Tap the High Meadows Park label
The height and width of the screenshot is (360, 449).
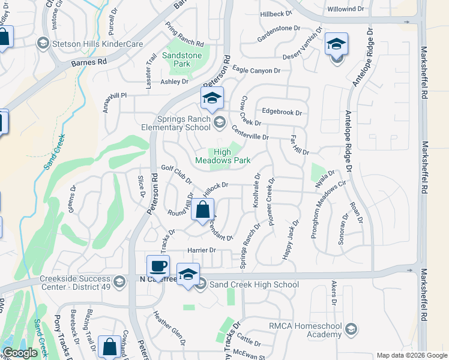tap(223, 156)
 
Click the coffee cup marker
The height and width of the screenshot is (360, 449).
tap(158, 266)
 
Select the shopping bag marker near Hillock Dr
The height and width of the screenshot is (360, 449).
tap(203, 210)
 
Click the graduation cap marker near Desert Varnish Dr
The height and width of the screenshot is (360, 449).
tap(336, 44)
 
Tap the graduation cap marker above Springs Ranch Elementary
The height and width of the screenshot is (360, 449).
tap(212, 98)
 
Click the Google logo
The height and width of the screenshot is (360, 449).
tap(20, 353)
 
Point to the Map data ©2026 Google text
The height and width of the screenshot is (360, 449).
tap(411, 355)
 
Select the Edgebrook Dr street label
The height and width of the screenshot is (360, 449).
tap(282, 112)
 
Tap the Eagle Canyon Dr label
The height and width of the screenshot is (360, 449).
tap(256, 70)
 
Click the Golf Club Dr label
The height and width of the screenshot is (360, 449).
tap(176, 175)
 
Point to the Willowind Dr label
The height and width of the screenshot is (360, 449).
tap(346, 9)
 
